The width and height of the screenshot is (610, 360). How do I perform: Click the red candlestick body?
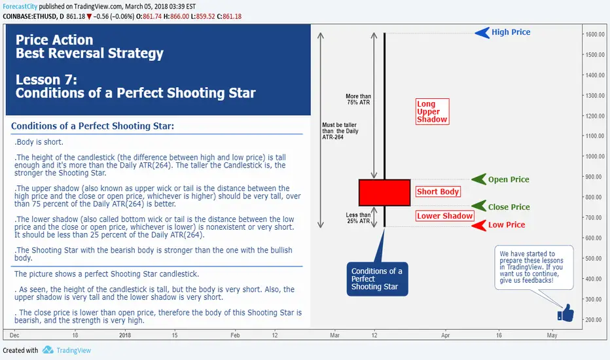point(384,192)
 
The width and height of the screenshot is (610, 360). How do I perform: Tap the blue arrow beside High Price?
point(482,33)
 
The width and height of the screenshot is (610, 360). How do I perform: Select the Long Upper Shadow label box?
point(432,111)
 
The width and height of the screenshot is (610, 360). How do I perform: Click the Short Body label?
point(438,192)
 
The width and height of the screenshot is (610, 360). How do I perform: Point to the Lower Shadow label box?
point(444,216)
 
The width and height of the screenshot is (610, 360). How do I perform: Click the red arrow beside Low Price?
point(479,225)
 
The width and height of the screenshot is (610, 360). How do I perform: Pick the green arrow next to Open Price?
point(479,179)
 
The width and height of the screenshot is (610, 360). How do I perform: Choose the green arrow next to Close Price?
point(479,206)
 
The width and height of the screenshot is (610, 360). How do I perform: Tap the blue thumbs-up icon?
point(565,314)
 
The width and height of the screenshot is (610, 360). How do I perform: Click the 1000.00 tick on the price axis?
point(595,156)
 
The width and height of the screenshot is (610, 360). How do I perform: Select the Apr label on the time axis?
point(446,335)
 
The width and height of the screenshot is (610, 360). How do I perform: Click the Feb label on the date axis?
point(235,335)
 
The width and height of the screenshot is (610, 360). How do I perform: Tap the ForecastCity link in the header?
point(20,7)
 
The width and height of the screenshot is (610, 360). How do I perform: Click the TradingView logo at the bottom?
point(66,350)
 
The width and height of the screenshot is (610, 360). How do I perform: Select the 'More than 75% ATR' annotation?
point(358,99)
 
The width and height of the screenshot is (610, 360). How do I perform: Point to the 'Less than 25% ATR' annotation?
point(358,218)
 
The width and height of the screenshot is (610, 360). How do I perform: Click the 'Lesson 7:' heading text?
point(46,79)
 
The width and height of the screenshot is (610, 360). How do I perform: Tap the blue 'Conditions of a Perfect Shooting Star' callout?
point(377,279)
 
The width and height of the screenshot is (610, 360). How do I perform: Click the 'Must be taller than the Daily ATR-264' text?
point(340,131)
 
